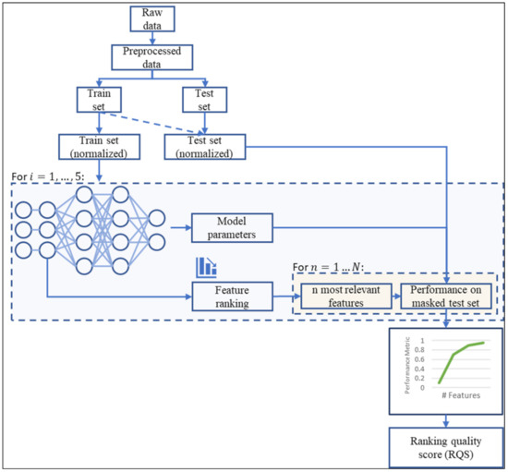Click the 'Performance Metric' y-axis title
[x=406, y=364]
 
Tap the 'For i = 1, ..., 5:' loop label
[x=51, y=174]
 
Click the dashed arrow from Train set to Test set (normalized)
[x=152, y=121]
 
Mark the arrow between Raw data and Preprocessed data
[x=151, y=38]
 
